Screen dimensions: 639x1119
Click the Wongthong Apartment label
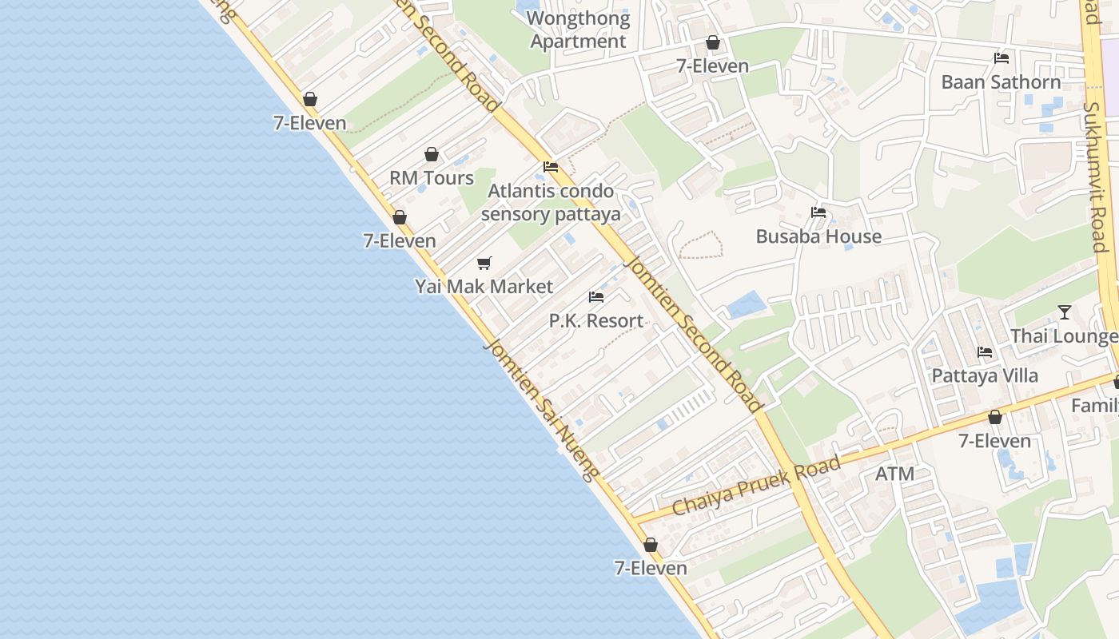[x=578, y=30]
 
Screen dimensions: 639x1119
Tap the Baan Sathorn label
[x=1001, y=81]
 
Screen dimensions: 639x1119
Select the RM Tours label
[x=432, y=177]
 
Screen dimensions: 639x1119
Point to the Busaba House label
[x=818, y=236]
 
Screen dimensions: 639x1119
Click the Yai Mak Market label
[x=484, y=286]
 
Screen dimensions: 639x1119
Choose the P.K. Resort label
[x=595, y=320]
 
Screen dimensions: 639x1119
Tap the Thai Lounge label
[x=1064, y=335]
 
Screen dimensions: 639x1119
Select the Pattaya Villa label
[x=985, y=375]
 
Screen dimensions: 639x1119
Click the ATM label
[x=894, y=474]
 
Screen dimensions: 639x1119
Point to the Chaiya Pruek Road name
[x=756, y=486]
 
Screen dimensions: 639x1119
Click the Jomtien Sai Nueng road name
[x=540, y=410]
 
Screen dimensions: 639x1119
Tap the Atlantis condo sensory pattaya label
[x=551, y=202]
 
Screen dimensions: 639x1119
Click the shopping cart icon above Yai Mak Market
[x=484, y=263]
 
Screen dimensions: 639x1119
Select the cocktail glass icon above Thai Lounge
[x=1064, y=312]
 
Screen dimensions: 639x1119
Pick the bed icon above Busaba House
[x=818, y=212]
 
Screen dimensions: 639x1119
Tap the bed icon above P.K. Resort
[x=595, y=297]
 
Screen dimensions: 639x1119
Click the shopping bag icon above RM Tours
[x=432, y=154]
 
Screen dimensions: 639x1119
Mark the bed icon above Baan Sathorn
[x=1001, y=58]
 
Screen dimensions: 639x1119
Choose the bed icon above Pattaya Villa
[x=985, y=352]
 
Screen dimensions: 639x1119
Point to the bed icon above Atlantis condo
[x=551, y=167]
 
